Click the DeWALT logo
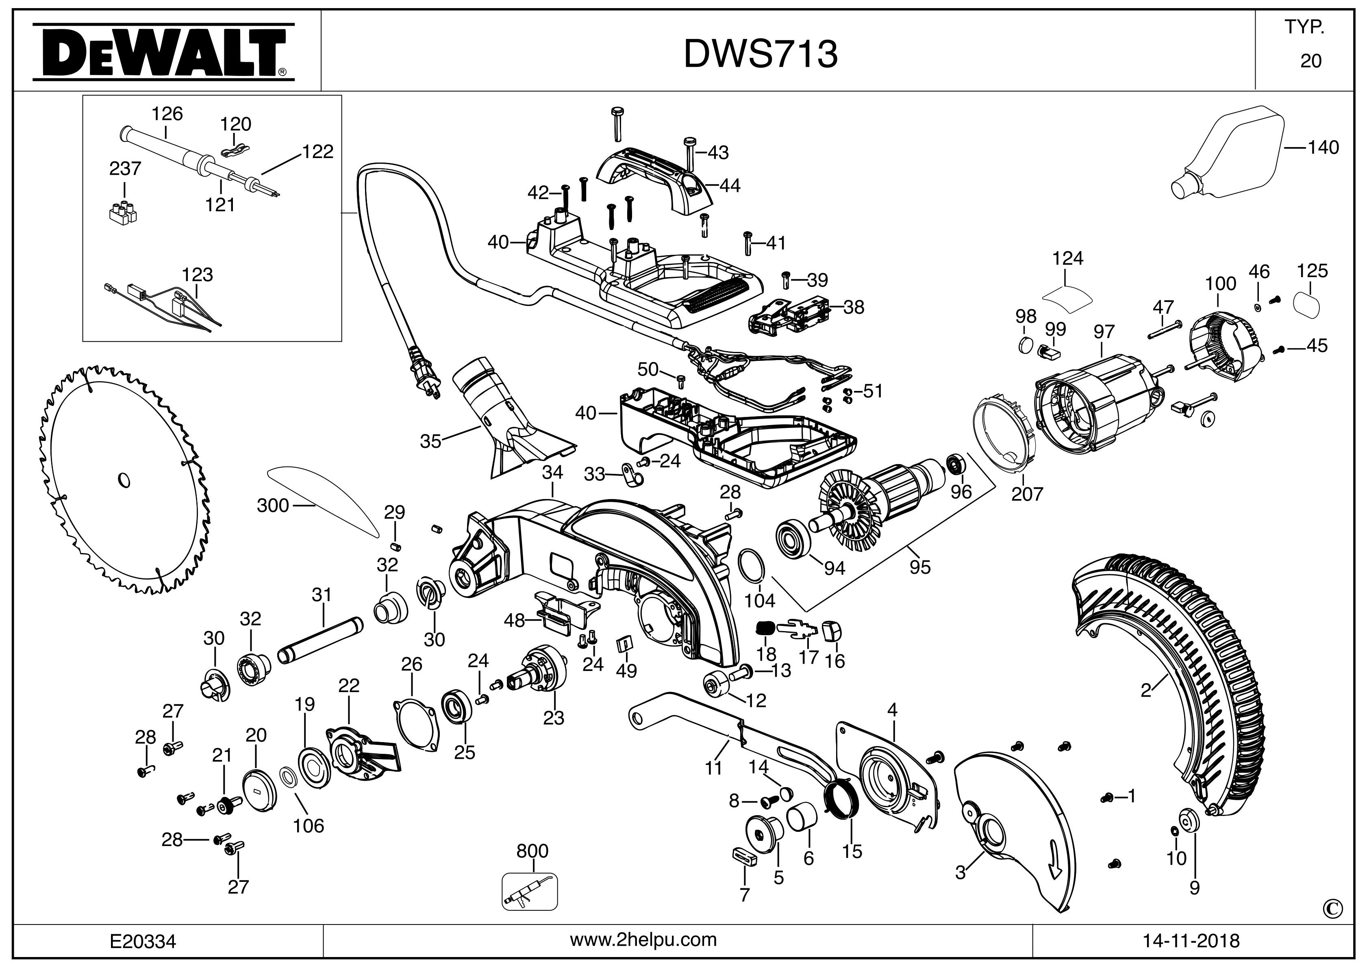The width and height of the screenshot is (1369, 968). (x=163, y=52)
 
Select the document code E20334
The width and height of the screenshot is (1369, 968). (x=143, y=941)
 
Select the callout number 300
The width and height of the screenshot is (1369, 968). (x=272, y=506)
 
